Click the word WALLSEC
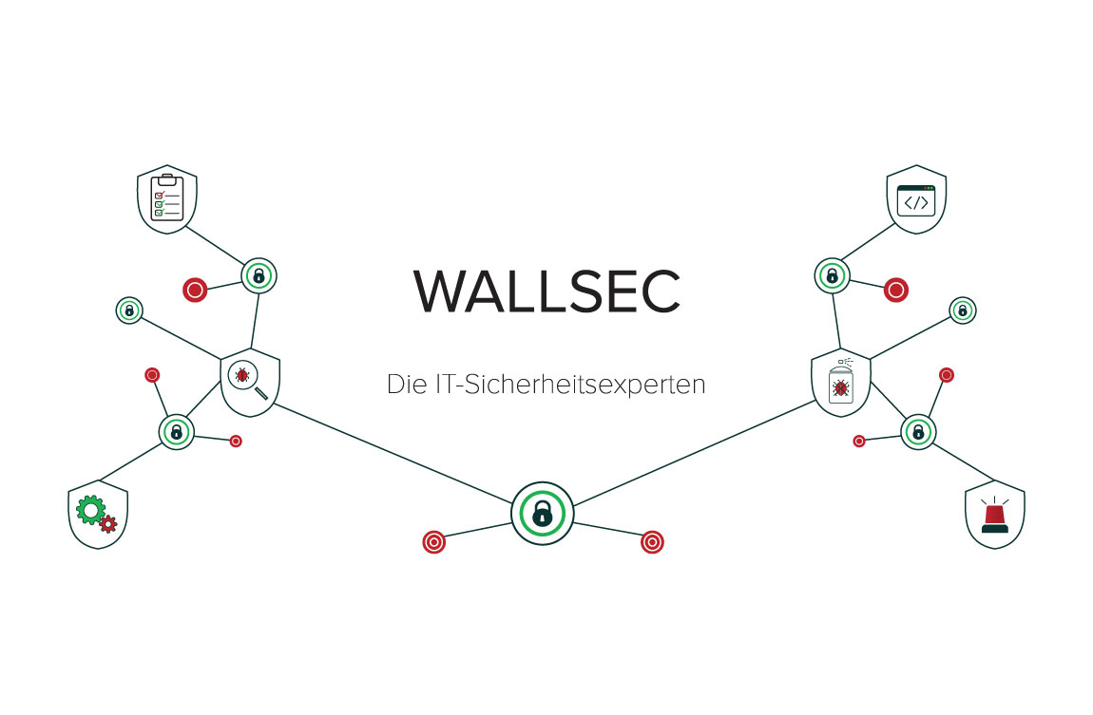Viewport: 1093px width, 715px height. [x=546, y=292]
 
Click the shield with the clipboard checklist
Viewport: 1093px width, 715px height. [x=167, y=199]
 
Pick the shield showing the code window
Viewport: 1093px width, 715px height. [x=916, y=199]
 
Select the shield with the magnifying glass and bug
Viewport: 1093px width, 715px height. [x=251, y=383]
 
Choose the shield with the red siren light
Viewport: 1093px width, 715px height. [x=994, y=516]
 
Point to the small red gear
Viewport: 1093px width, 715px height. [x=108, y=523]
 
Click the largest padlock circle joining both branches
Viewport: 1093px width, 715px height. [x=542, y=513]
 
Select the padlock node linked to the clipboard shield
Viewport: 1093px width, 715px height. [x=258, y=276]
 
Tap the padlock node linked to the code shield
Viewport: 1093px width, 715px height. [x=832, y=276]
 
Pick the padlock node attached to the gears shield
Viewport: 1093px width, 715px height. [x=176, y=432]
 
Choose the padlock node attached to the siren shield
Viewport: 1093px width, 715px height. [x=918, y=432]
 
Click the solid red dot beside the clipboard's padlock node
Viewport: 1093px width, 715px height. [x=195, y=291]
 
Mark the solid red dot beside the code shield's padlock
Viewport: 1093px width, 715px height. [x=895, y=291]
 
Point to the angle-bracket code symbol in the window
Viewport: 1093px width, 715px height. [x=916, y=202]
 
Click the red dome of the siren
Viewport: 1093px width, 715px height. [x=994, y=514]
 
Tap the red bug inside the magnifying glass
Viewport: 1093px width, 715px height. [x=243, y=377]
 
